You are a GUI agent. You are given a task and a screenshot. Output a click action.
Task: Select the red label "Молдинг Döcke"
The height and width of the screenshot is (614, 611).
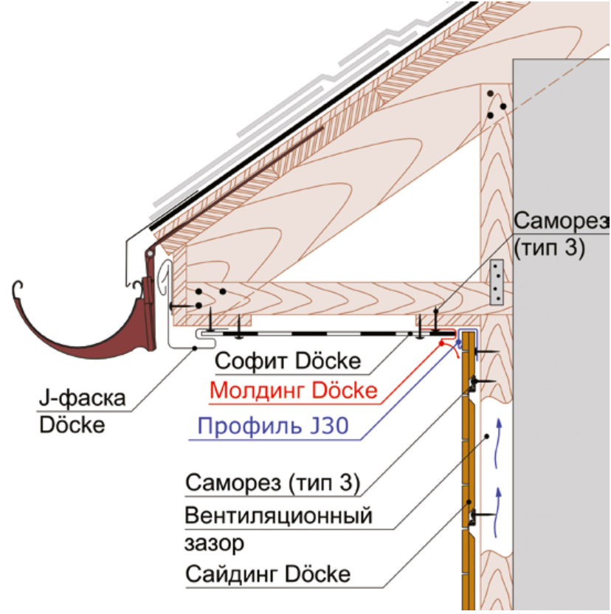(x=294, y=390)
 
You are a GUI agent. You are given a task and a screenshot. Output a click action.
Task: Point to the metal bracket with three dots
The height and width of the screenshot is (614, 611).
(x=497, y=283)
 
